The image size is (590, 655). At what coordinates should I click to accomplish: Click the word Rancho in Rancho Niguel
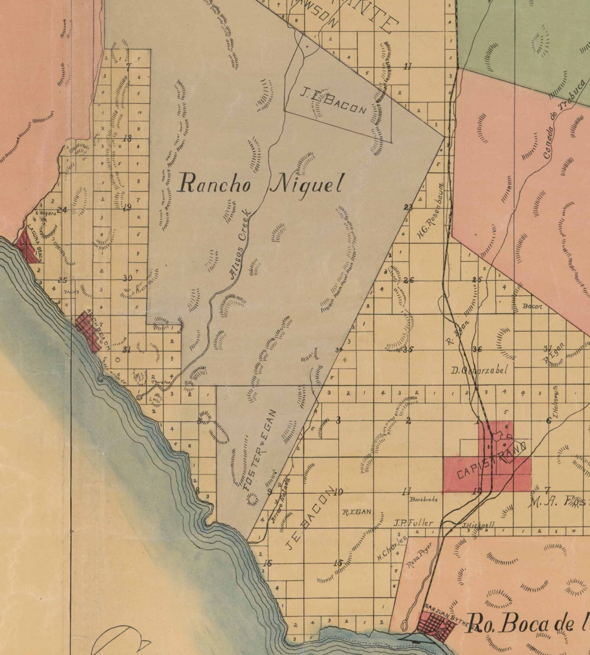(x=214, y=184)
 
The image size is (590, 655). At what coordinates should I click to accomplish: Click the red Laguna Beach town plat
(x=28, y=245)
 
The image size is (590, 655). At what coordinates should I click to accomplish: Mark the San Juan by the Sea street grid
(x=437, y=624)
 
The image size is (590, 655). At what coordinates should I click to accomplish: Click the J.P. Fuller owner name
(x=413, y=523)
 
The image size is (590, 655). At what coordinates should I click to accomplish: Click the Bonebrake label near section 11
(x=424, y=500)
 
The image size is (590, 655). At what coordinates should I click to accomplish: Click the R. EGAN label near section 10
(x=356, y=512)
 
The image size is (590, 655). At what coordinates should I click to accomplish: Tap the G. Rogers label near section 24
(x=46, y=214)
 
